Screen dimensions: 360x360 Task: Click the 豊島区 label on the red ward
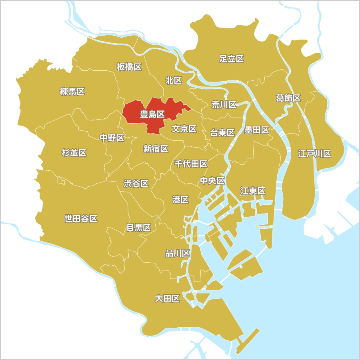pyautogui.click(x=152, y=114)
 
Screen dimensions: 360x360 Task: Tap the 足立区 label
pyautogui.click(x=232, y=59)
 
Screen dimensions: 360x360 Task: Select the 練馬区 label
pyautogui.click(x=72, y=92)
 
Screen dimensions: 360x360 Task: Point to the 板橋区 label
pyautogui.click(x=129, y=67)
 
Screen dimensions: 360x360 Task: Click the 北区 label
pyautogui.click(x=174, y=80)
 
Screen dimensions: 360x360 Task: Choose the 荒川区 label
pyautogui.click(x=224, y=105)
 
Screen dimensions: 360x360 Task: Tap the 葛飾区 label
pyautogui.click(x=288, y=98)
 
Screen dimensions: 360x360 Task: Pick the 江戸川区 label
pyautogui.click(x=314, y=154)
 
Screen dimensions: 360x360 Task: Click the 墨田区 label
pyautogui.click(x=257, y=130)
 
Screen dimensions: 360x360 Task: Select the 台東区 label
pyautogui.click(x=222, y=133)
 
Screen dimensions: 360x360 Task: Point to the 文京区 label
pyautogui.click(x=184, y=129)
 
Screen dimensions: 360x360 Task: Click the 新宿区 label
pyautogui.click(x=156, y=149)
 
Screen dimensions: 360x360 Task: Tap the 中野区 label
pyautogui.click(x=112, y=138)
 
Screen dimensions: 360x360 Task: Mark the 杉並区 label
pyautogui.click(x=74, y=152)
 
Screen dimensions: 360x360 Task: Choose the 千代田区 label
pyautogui.click(x=191, y=164)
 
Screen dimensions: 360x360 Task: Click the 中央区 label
pyautogui.click(x=212, y=181)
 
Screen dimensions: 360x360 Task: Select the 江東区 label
pyautogui.click(x=253, y=191)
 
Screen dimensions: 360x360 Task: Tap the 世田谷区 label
pyautogui.click(x=81, y=218)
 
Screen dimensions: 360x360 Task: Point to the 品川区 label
pyautogui.click(x=178, y=253)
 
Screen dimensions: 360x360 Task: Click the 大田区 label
pyautogui.click(x=167, y=298)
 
